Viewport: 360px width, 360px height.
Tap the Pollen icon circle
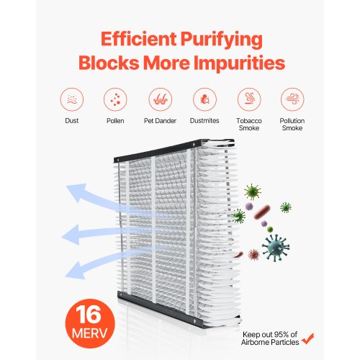(115, 99)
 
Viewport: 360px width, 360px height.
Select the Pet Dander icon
(161, 99)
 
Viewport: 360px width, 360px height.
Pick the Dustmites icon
(204, 99)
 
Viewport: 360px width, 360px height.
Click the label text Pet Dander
(161, 121)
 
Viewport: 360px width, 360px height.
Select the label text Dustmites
(204, 121)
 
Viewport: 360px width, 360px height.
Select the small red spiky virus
(253, 254)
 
